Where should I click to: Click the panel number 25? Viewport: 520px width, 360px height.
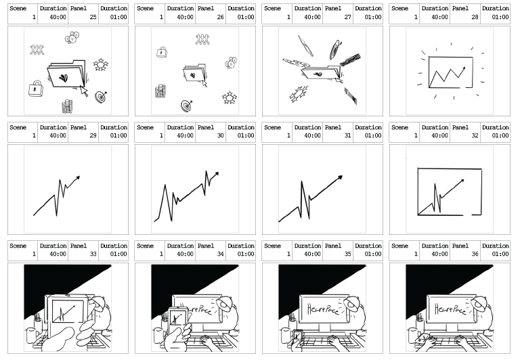(93, 17)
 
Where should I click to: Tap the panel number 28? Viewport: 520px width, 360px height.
(475, 17)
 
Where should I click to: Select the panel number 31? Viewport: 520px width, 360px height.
(347, 135)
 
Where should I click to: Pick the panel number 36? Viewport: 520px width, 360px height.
(475, 254)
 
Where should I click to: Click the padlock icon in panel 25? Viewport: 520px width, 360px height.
(35, 89)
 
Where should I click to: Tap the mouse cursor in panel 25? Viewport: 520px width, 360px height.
(84, 91)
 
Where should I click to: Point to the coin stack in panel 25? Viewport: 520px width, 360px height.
(67, 106)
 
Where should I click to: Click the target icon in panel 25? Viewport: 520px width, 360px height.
(100, 97)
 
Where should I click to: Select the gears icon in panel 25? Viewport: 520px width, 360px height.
(72, 37)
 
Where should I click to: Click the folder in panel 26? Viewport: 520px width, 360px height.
(194, 72)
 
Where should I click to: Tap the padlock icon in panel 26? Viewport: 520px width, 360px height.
(162, 52)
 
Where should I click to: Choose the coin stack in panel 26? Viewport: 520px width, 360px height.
(160, 91)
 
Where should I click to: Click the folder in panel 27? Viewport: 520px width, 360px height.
(321, 72)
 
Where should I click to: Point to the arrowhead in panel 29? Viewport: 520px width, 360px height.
(78, 178)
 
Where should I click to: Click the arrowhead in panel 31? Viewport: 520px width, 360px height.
(340, 178)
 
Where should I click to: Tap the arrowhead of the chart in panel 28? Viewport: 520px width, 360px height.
(463, 68)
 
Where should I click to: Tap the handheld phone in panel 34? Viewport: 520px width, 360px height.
(177, 321)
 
